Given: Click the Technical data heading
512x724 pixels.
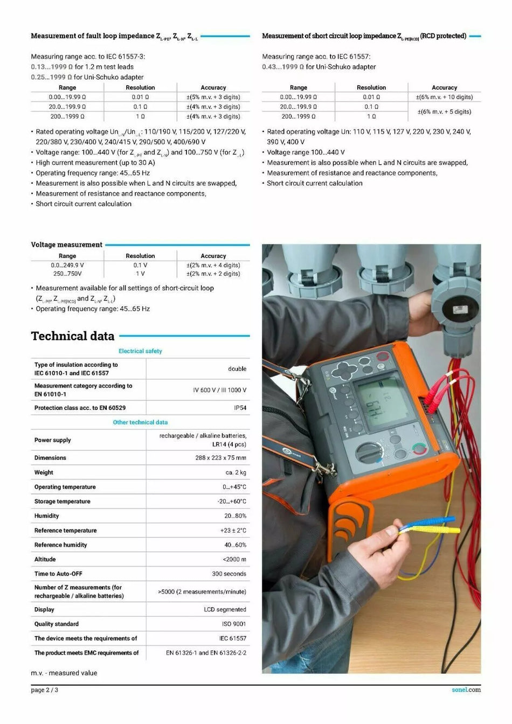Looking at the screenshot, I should click(73, 336).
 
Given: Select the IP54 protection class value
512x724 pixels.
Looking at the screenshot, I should click(240, 408).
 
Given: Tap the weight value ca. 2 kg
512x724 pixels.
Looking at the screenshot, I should click(236, 472).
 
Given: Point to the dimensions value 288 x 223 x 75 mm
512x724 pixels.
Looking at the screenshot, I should click(220, 458).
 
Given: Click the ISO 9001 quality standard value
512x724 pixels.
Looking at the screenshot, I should click(234, 624).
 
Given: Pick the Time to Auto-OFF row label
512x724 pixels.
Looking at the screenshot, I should click(58, 574).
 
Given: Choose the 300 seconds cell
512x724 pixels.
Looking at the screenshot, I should click(229, 574).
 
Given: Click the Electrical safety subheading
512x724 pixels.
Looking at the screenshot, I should click(140, 351).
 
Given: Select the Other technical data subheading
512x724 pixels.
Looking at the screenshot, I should click(140, 422).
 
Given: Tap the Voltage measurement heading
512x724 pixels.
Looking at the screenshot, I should click(66, 245).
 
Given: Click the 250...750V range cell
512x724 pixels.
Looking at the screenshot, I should click(67, 274).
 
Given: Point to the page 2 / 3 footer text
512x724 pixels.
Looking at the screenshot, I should click(45, 690).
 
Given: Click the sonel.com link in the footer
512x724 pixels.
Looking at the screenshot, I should click(466, 690).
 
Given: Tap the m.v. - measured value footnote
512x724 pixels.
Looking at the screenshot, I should click(64, 673).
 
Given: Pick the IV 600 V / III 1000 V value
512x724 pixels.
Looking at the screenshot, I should click(219, 390).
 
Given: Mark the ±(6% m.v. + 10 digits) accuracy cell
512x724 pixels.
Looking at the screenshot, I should click(444, 97).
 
